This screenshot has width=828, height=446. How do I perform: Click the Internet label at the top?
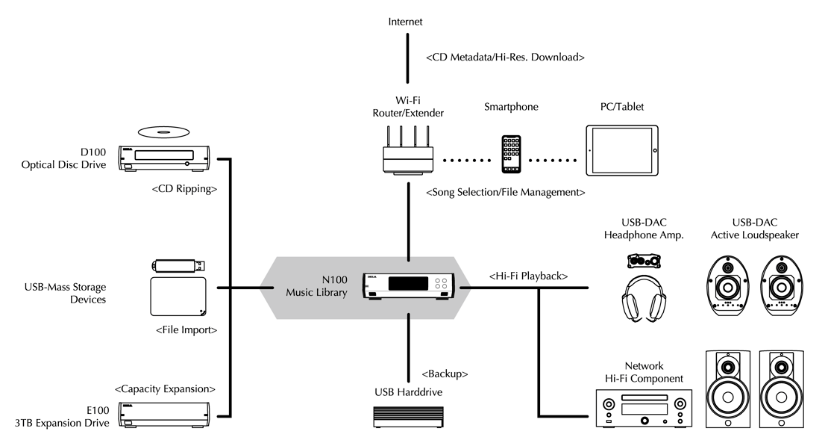point(405,22)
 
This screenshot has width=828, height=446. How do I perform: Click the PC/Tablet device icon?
point(622,151)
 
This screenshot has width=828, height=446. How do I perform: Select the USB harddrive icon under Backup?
point(407,416)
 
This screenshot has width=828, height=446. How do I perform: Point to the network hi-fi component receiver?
point(641,408)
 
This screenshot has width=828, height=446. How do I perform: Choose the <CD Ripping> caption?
point(184,190)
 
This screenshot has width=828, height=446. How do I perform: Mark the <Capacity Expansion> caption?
point(165,388)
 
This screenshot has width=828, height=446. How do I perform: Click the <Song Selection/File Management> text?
point(504,192)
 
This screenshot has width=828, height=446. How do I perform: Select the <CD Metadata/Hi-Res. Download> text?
point(504,57)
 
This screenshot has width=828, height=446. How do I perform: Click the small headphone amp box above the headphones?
point(645,260)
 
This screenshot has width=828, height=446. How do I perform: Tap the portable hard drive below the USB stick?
point(178,297)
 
